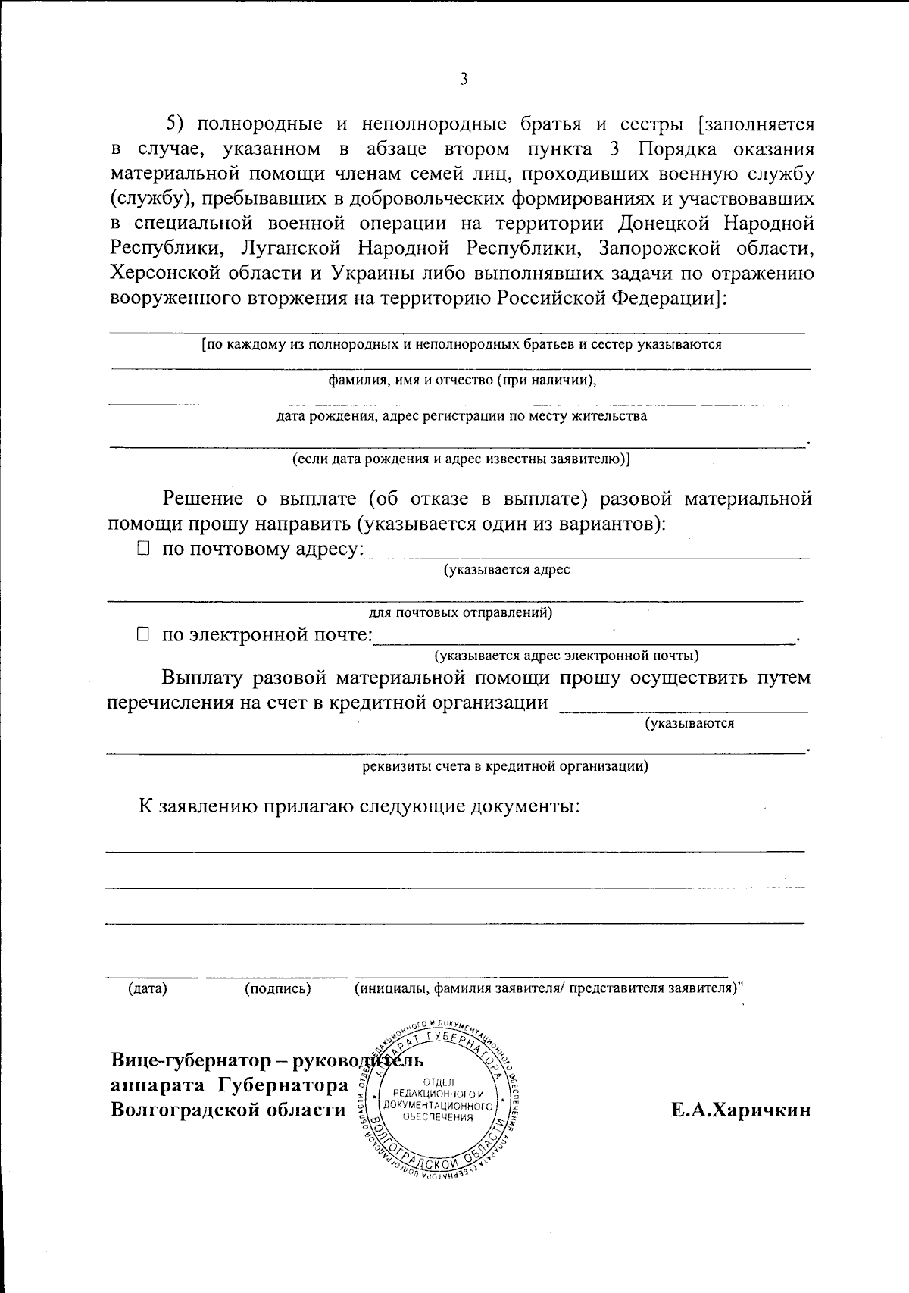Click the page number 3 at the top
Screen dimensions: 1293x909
[463, 80]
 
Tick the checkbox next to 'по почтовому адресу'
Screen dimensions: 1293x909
[143, 549]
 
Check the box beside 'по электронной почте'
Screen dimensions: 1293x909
[143, 634]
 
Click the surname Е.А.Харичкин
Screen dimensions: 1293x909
[740, 1110]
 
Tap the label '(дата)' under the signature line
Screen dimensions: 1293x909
[148, 988]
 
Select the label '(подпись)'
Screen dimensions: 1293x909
[277, 988]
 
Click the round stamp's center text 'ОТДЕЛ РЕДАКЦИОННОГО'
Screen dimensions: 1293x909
[439, 1088]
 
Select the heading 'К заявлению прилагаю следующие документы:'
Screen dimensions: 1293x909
[358, 806]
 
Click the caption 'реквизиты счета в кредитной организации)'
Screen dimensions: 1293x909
[504, 765]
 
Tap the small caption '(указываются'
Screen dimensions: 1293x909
[689, 723]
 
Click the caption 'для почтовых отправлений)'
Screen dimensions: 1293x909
[460, 612]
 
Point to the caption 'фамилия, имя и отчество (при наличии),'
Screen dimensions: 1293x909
[461, 380]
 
